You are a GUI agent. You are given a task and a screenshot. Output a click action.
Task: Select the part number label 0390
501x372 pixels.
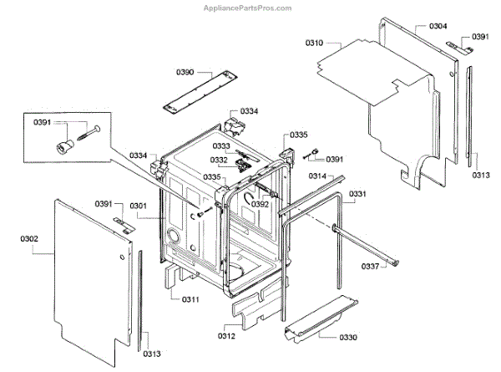click(x=185, y=73)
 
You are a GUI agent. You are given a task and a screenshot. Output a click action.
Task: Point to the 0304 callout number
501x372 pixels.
click(x=438, y=27)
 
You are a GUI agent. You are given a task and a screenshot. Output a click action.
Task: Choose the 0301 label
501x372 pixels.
click(x=139, y=206)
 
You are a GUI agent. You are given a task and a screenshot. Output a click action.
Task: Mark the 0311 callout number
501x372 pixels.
click(x=191, y=298)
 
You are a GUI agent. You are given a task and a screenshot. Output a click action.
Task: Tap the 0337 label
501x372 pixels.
click(x=370, y=267)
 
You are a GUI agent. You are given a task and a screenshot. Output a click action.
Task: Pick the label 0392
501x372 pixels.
click(x=261, y=203)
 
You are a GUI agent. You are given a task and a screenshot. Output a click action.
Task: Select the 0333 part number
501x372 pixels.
click(x=221, y=145)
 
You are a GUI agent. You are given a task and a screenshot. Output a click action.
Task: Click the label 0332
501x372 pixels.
click(x=219, y=160)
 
